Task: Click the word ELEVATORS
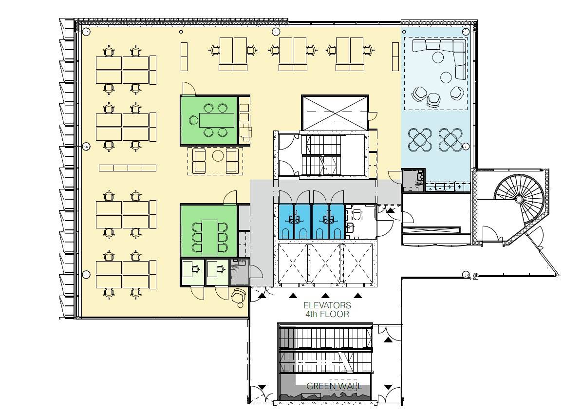pyautogui.click(x=327, y=305)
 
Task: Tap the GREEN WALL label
pyautogui.click(x=334, y=386)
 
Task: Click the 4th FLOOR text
pyautogui.click(x=327, y=314)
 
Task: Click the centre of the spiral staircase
pyautogui.click(x=519, y=199)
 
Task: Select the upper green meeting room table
pyautogui.click(x=216, y=120)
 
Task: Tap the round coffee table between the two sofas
pyautogui.click(x=218, y=156)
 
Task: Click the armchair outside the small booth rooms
pyautogui.click(x=239, y=297)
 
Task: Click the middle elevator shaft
pyautogui.click(x=326, y=263)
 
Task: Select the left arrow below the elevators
pyautogui.click(x=293, y=296)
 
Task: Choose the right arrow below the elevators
pyautogui.click(x=358, y=296)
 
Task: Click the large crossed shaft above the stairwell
pyautogui.click(x=335, y=113)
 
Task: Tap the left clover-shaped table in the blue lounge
pyautogui.click(x=419, y=140)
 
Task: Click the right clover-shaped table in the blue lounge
pyautogui.click(x=450, y=140)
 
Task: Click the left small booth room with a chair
pyautogui.click(x=192, y=272)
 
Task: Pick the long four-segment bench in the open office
pyautogui.click(x=128, y=168)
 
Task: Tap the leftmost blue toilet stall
pyautogui.click(x=286, y=222)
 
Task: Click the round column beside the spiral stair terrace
pyautogui.click(x=466, y=275)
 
